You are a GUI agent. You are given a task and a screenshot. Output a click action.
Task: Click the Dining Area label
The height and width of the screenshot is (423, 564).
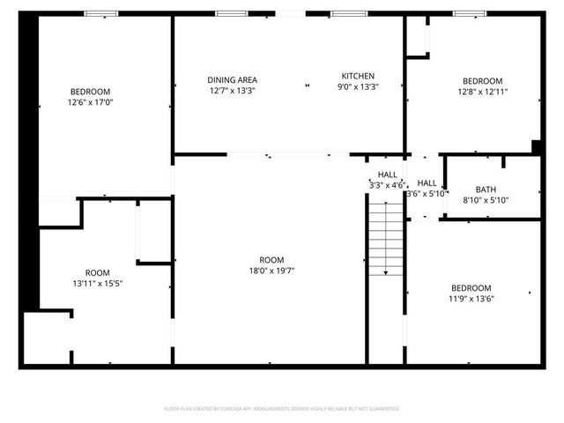click(233, 79)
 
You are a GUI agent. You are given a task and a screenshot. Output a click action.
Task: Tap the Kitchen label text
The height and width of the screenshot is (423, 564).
click(359, 76)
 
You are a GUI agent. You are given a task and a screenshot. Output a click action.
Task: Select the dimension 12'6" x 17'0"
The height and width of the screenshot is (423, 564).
click(91, 102)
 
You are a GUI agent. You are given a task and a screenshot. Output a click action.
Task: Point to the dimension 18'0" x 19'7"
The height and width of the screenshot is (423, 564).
click(271, 271)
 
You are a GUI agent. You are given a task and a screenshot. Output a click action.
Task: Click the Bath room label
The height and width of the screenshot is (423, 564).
click(486, 189)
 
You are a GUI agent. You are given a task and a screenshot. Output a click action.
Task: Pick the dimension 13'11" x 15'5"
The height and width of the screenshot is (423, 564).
click(97, 284)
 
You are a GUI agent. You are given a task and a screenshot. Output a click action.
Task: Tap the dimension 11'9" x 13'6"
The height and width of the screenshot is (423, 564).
click(471, 299)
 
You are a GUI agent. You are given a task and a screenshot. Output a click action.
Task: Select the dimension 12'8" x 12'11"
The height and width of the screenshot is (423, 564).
click(482, 91)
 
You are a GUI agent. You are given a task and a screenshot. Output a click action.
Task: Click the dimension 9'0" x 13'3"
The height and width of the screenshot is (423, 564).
click(358, 87)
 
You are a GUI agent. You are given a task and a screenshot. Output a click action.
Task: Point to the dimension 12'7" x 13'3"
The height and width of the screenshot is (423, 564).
click(233, 91)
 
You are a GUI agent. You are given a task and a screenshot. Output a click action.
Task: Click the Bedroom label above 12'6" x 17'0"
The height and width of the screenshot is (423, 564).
click(91, 92)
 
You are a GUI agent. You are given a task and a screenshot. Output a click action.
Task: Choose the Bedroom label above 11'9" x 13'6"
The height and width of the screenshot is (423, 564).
click(471, 288)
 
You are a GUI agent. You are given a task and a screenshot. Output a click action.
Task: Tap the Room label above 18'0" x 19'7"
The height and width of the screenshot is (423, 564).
click(271, 260)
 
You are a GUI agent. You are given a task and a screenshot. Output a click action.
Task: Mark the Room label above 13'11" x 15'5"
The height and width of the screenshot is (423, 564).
click(97, 273)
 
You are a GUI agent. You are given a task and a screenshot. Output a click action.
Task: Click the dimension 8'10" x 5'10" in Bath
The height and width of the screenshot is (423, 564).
click(486, 200)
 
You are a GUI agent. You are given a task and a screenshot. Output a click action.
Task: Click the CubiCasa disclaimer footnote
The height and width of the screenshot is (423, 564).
click(282, 409)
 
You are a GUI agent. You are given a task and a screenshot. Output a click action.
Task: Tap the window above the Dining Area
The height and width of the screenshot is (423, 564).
click(231, 13)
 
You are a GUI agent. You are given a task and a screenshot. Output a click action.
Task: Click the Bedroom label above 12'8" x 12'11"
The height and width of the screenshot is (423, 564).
click(482, 80)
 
